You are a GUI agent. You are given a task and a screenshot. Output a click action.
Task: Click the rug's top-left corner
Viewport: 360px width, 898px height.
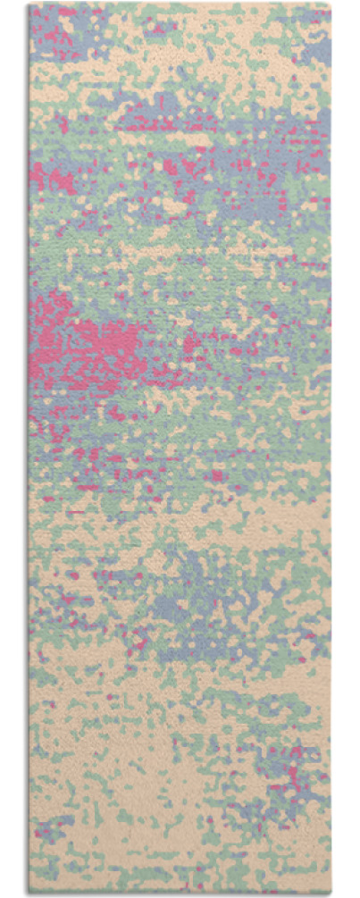[29, 5]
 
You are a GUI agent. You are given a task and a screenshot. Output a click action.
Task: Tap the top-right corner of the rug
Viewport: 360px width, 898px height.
[331, 4]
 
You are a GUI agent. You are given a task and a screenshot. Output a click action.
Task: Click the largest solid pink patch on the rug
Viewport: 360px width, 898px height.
[89, 344]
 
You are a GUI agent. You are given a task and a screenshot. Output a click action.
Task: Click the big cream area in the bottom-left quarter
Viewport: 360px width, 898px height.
[89, 804]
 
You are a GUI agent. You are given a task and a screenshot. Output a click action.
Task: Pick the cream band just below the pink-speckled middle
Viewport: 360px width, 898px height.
[179, 518]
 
